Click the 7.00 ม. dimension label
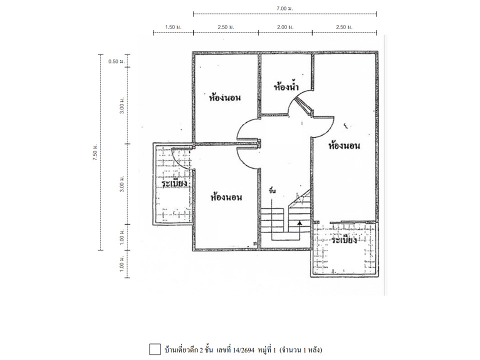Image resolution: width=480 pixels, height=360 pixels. tap(284, 8)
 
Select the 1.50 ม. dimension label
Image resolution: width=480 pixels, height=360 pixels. tap(173, 27)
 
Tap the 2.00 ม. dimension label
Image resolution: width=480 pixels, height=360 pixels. tap(285, 27)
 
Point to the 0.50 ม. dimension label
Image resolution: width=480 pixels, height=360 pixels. tap(116, 61)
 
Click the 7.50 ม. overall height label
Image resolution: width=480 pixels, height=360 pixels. tap(95, 152)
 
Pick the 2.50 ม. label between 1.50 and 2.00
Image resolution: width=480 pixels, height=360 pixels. tap(226, 27)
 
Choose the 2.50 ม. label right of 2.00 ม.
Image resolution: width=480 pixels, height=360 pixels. tap(344, 27)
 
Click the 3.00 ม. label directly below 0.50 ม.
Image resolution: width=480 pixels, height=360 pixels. tap(122, 106)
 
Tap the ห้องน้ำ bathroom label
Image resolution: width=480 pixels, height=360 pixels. tap(286, 87)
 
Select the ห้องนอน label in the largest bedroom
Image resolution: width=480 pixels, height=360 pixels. tap(344, 145)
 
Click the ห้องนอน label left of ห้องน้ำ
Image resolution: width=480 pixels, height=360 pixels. tap(225, 97)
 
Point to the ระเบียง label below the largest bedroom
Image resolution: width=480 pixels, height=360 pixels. tap(344, 239)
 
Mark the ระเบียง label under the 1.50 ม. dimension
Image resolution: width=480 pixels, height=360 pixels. tap(174, 183)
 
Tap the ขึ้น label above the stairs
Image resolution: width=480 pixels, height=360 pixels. tap(272, 190)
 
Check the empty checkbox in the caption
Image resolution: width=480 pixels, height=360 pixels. tap(155, 349)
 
